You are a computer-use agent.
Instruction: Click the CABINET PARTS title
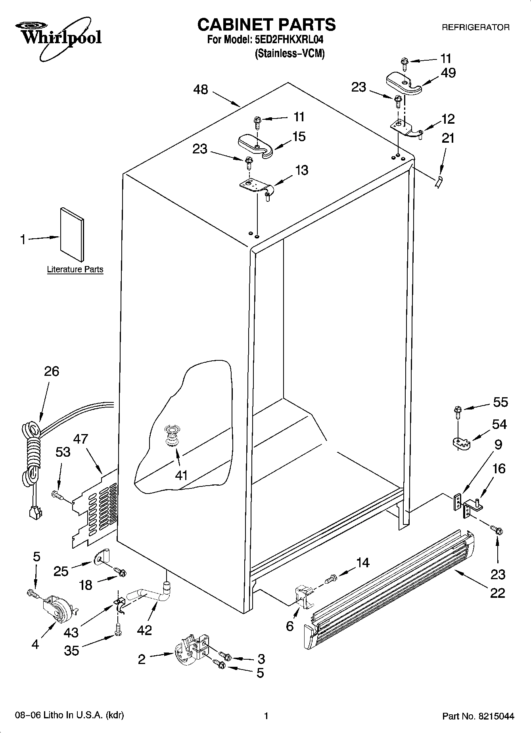266,25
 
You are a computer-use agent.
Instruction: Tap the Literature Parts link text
75,270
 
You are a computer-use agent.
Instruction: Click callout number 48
201,90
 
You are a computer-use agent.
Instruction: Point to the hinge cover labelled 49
403,83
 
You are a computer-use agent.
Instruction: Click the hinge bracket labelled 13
256,187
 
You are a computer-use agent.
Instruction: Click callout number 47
81,439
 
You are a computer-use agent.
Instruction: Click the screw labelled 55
457,412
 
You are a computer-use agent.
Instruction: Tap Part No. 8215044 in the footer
478,716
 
